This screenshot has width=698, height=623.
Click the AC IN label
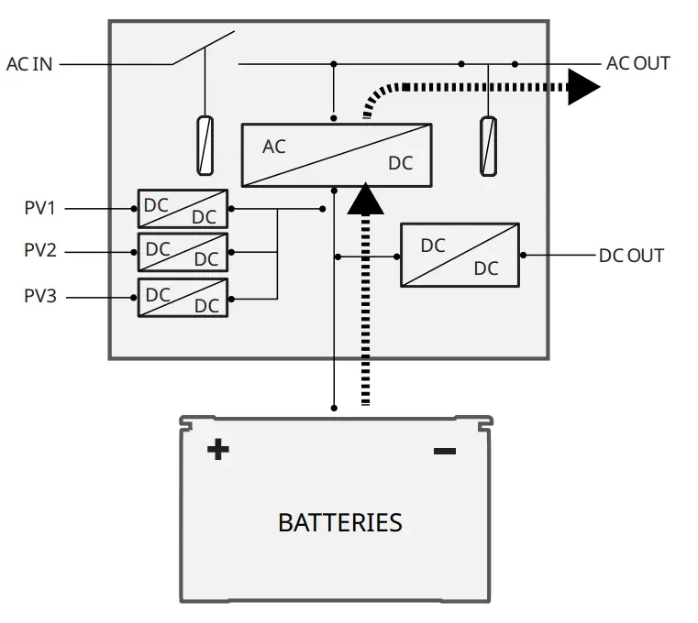pos(29,64)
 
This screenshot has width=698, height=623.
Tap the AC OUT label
pos(637,63)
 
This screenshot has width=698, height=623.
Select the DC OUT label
pos(631,256)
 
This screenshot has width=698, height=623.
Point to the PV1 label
pos(39,208)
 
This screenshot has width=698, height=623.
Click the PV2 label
pos(40,250)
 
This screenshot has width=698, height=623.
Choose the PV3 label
pos(40,296)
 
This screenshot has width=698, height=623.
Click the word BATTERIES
pos(340,523)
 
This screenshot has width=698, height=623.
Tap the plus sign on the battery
pos(218,450)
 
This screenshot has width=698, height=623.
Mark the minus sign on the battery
pos(445,452)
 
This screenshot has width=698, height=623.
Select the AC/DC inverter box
pos(337,155)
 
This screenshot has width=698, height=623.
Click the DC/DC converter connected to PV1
pos(183,209)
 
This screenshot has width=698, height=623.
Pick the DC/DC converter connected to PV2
pos(183,252)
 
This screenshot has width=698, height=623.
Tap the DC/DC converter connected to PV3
pos(183,298)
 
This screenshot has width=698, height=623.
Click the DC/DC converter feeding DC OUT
pos(460,256)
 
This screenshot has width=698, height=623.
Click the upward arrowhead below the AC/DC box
pos(365,199)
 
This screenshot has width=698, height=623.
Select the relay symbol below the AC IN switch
pos(205,146)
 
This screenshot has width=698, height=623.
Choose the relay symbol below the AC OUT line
pos(488,147)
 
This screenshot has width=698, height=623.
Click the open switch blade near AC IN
pos(204,48)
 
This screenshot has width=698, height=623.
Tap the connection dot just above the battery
pos(334,409)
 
